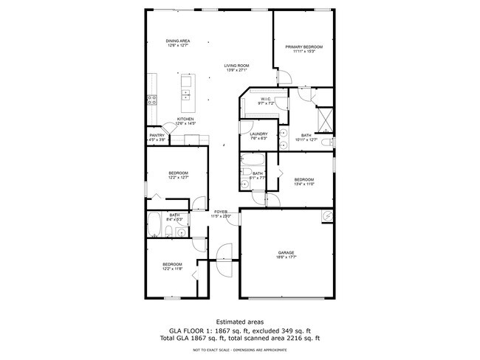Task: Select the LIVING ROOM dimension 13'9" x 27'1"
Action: click(236, 71)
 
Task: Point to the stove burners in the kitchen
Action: click(152, 100)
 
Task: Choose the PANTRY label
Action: click(157, 135)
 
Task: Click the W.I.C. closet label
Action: click(266, 99)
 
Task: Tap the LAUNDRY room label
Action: click(258, 134)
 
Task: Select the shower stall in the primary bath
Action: click(324, 117)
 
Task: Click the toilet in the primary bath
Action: click(331, 142)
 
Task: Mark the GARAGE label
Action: click(287, 252)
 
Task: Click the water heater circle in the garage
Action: click(326, 216)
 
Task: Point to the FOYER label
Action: click(222, 212)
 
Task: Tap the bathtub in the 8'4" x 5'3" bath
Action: click(156, 226)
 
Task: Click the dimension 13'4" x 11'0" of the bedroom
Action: click(304, 184)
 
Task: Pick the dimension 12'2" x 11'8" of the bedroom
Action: click(172, 269)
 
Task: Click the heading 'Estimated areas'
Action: click(240, 321)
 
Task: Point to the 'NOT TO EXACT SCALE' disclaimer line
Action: click(240, 350)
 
